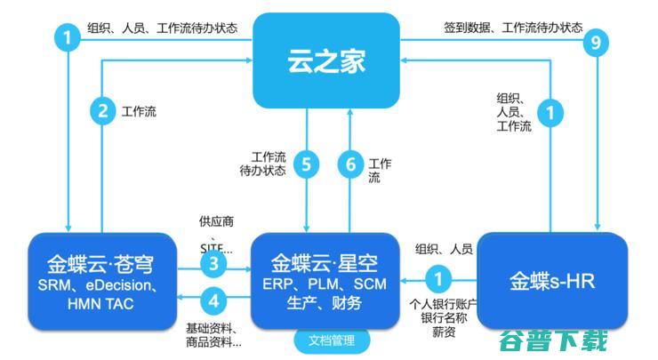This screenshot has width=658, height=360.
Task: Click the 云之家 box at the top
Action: [326, 60]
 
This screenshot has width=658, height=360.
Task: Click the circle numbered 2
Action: [103, 112]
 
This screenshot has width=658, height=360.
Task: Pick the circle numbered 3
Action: [213, 264]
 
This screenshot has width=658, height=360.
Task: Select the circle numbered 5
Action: [307, 164]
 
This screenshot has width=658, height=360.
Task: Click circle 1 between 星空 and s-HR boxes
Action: [436, 279]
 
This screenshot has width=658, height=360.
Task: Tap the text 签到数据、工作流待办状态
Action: [513, 28]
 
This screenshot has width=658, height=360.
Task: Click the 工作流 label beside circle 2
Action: [140, 112]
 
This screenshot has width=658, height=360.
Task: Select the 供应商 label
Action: [217, 220]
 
